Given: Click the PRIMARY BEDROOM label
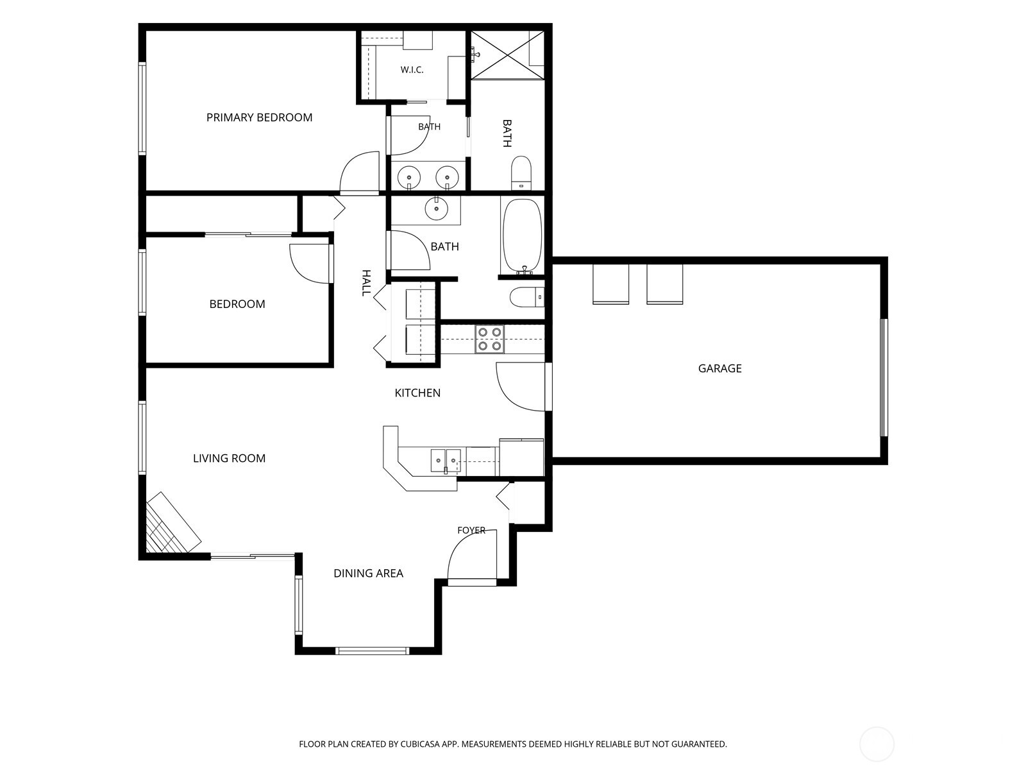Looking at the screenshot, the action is tap(260, 117).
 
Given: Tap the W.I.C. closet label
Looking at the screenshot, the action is tap(412, 70).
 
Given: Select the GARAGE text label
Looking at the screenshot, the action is tap(720, 368).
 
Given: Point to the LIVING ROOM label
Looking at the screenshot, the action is tap(229, 458).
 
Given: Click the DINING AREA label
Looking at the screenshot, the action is tap(368, 573).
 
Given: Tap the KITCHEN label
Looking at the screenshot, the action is tap(417, 393).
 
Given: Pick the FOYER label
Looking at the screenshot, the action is tap(471, 530).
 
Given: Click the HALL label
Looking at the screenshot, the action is tap(366, 283).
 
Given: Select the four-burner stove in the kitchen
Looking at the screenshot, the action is tap(490, 339).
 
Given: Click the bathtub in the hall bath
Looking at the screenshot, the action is tap(522, 236).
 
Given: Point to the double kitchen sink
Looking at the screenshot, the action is tap(446, 461).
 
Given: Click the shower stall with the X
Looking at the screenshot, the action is tap(507, 55).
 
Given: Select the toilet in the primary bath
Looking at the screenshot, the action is tap(521, 173).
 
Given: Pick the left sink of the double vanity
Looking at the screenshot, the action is tap(409, 178).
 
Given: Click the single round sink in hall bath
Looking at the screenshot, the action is tap(437, 208).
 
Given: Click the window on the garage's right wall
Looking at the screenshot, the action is tap(884, 378).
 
